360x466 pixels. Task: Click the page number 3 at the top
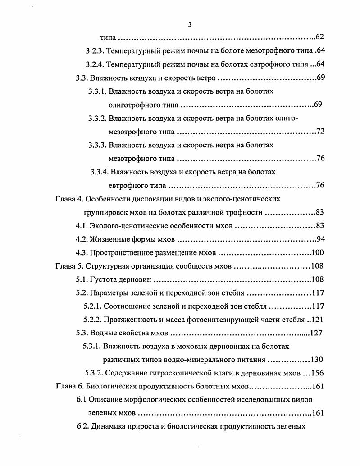click(190, 25)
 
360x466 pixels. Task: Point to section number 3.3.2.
click(97, 119)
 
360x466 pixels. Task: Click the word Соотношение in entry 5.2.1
click(128, 306)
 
